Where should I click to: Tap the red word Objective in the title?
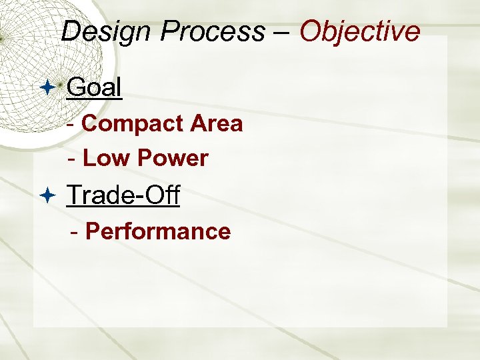pos(360,31)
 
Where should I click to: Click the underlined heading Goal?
pos(95,87)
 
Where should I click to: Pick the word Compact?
pos(133,124)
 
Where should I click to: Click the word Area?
pos(216,124)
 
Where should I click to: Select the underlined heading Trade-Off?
pos(123,195)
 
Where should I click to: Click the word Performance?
pos(158,231)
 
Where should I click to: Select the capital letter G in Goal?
pos(76,87)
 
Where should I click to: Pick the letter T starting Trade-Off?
pos(74,195)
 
